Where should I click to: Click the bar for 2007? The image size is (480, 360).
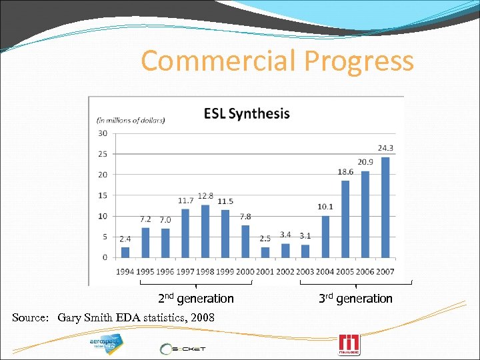[x=385, y=207]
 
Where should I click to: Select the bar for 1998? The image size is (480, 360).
[x=205, y=231]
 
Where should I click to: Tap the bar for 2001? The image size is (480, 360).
[x=265, y=252]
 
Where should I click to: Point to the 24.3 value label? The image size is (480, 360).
[x=385, y=148]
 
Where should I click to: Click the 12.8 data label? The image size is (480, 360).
[x=205, y=196]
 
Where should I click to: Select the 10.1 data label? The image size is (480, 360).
[x=325, y=207]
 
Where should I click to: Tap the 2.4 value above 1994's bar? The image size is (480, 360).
[x=125, y=238]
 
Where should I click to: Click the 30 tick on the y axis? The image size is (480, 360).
[x=103, y=133]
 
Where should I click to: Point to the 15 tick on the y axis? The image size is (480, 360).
[x=103, y=195]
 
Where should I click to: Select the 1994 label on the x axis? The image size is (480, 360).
[x=125, y=271]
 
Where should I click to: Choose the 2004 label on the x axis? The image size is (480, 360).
[x=325, y=271]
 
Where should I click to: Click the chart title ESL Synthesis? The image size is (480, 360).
[x=247, y=113]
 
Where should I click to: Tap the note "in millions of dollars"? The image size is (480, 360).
[x=131, y=120]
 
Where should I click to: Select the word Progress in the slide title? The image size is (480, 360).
[x=359, y=61]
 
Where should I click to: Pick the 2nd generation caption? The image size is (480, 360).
[x=195, y=299]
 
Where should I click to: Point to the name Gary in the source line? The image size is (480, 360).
[x=70, y=317]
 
